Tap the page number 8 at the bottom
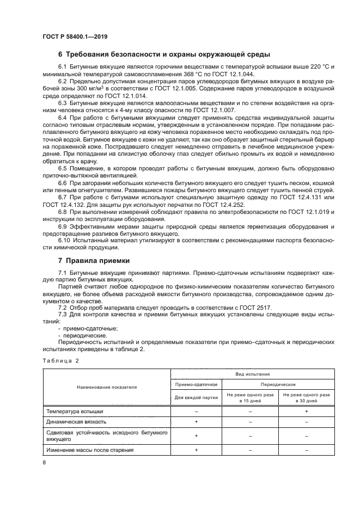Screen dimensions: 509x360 [x=45, y=463]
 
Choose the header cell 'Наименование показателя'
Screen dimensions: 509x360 [x=107, y=387]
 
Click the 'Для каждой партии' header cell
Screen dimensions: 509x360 [x=196, y=397]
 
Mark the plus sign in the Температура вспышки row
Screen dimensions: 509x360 [x=307, y=412]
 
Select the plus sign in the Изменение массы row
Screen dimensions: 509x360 [x=196, y=450]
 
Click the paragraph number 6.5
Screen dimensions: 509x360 [x=62, y=168]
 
